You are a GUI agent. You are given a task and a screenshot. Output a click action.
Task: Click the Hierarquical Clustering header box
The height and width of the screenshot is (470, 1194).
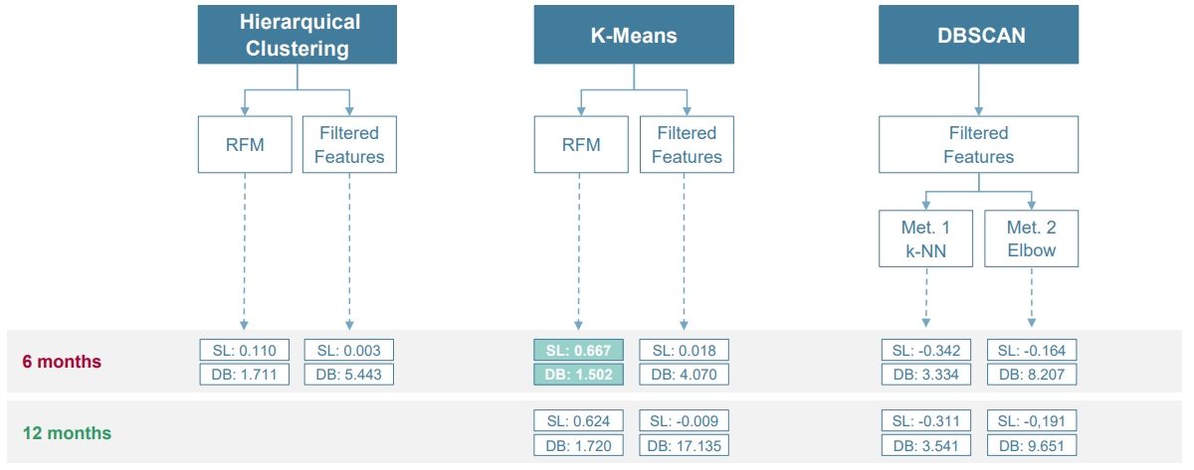pos(298,36)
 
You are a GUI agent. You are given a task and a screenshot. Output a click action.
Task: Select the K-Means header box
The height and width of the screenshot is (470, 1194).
pos(634,36)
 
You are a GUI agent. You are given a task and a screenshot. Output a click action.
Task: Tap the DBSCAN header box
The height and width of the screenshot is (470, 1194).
pos(979,36)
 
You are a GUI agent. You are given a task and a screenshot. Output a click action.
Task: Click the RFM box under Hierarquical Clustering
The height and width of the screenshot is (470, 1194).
pos(245,145)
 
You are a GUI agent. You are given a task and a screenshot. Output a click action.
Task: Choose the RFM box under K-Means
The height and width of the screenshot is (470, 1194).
pos(581,145)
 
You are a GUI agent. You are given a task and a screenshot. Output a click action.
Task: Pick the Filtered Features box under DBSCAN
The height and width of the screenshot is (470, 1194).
pos(979,145)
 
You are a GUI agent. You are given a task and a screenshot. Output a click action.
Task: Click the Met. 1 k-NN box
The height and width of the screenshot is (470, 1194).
pos(925,238)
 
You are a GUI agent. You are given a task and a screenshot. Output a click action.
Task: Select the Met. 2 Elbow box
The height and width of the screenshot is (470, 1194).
pos(1032,238)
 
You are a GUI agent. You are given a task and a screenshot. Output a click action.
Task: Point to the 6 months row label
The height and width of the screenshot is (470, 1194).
pos(62,362)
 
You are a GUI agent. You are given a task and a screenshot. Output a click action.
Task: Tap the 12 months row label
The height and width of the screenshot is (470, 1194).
pos(67,433)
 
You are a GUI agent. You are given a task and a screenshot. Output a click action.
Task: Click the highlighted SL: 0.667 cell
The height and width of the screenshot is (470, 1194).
pos(579,350)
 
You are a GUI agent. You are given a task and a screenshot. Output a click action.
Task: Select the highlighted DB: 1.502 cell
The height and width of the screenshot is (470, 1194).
pos(579,375)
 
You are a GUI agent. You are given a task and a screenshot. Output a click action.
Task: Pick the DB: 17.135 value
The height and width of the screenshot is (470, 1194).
pos(685,446)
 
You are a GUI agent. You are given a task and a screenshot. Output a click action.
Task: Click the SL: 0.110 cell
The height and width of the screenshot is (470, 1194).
pos(245,350)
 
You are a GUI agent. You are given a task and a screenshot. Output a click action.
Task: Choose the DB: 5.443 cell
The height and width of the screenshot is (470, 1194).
pos(349,375)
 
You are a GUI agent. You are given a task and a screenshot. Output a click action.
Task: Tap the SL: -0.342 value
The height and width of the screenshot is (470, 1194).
pos(926,350)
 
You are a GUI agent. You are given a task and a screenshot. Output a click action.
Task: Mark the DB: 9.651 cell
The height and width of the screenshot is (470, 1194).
pos(1032,446)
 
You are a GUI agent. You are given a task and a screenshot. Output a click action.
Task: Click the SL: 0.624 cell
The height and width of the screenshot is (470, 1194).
pos(579,420)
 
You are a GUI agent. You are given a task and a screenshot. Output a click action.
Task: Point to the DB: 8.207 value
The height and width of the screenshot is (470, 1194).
pos(1032,375)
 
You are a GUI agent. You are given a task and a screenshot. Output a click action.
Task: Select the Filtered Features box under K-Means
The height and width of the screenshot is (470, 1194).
pos(687,145)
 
